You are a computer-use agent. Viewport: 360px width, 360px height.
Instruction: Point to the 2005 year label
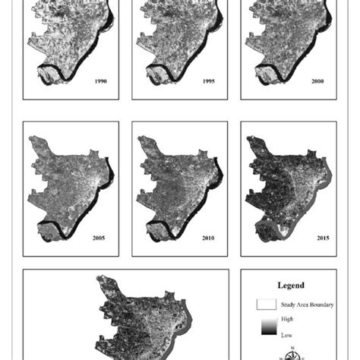click(x=99, y=238)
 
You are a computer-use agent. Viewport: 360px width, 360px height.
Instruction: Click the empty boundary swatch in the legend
click(x=267, y=304)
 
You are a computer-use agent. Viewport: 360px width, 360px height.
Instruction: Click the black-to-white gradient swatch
click(x=266, y=327)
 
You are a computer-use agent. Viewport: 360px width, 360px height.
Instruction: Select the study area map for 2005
click(x=65, y=182)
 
